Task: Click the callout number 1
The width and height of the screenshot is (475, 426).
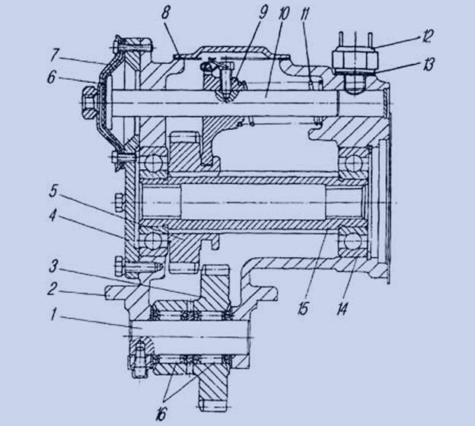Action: (53, 316)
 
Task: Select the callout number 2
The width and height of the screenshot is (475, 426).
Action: (52, 289)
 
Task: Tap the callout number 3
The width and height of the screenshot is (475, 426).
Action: (53, 267)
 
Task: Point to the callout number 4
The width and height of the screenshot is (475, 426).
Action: (53, 215)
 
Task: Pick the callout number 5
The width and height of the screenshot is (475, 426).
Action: (53, 192)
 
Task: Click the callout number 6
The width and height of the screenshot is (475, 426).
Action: (52, 78)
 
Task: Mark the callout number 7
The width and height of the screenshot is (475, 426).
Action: (55, 55)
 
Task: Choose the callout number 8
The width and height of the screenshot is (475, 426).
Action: (166, 14)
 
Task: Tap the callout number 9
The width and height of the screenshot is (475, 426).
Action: (263, 13)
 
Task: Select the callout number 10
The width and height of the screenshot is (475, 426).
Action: (283, 14)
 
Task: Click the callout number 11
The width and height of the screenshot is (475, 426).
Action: (304, 14)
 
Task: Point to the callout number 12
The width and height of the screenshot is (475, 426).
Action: (427, 36)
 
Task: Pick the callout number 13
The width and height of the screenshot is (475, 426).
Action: (428, 65)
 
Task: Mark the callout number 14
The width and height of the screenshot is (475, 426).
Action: (342, 309)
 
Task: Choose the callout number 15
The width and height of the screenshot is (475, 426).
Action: (303, 309)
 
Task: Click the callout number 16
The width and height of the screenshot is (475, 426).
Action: (161, 414)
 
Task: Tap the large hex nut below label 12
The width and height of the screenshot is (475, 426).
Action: (355, 59)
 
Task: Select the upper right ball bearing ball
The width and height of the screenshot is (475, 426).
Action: (353, 162)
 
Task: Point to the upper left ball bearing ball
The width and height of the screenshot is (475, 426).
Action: (152, 162)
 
